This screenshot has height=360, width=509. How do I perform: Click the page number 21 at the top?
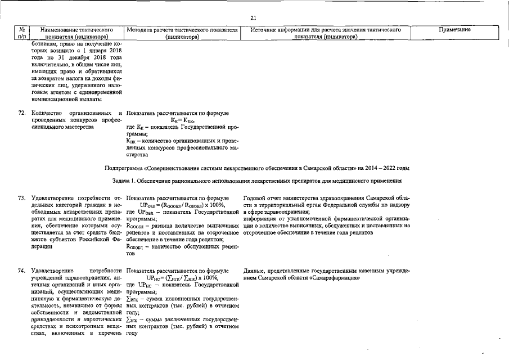tap(254, 17)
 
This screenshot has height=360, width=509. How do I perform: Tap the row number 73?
tap(22, 199)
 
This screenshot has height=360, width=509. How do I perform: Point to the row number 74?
tap(22, 271)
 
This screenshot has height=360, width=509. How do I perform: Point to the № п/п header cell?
tap(22, 33)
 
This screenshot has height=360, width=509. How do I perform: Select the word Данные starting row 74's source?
tap(256, 271)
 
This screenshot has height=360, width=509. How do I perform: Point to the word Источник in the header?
tap(265, 29)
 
